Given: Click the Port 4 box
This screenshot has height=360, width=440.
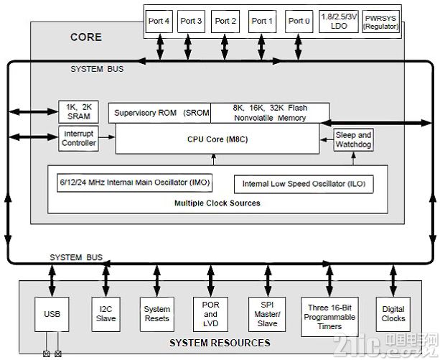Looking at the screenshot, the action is [159, 22].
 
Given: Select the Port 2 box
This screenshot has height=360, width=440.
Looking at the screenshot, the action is [225, 22].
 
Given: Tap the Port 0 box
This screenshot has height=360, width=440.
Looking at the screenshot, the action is [299, 22].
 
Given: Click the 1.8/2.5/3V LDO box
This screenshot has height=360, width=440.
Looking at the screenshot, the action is [339, 22].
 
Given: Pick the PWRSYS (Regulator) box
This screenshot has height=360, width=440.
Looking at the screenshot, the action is [381, 22].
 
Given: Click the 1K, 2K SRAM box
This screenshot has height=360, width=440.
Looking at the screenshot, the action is [78, 112].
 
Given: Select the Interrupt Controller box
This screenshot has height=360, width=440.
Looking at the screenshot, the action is [78, 139].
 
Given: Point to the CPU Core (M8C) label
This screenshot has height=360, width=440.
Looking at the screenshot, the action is [217, 139].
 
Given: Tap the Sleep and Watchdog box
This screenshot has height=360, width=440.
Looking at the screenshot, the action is [353, 139].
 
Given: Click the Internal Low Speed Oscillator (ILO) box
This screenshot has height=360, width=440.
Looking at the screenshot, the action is [304, 184].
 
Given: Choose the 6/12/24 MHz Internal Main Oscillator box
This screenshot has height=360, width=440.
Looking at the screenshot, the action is [135, 183].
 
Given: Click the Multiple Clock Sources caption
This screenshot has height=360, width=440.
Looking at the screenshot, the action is [217, 203].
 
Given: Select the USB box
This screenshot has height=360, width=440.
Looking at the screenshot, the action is [52, 314].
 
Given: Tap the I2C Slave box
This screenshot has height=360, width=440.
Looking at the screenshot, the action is [106, 314].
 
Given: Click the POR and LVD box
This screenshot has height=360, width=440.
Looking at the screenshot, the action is [210, 314].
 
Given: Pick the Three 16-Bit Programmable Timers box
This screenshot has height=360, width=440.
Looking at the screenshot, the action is [329, 317].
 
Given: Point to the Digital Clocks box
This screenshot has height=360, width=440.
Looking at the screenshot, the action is [393, 314].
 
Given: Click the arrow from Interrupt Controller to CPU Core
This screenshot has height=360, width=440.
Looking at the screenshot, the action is [107, 137].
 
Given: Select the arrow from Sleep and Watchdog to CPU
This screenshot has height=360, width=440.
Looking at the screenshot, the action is [327, 139].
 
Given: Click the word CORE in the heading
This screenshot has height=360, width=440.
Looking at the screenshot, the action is [86, 37].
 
